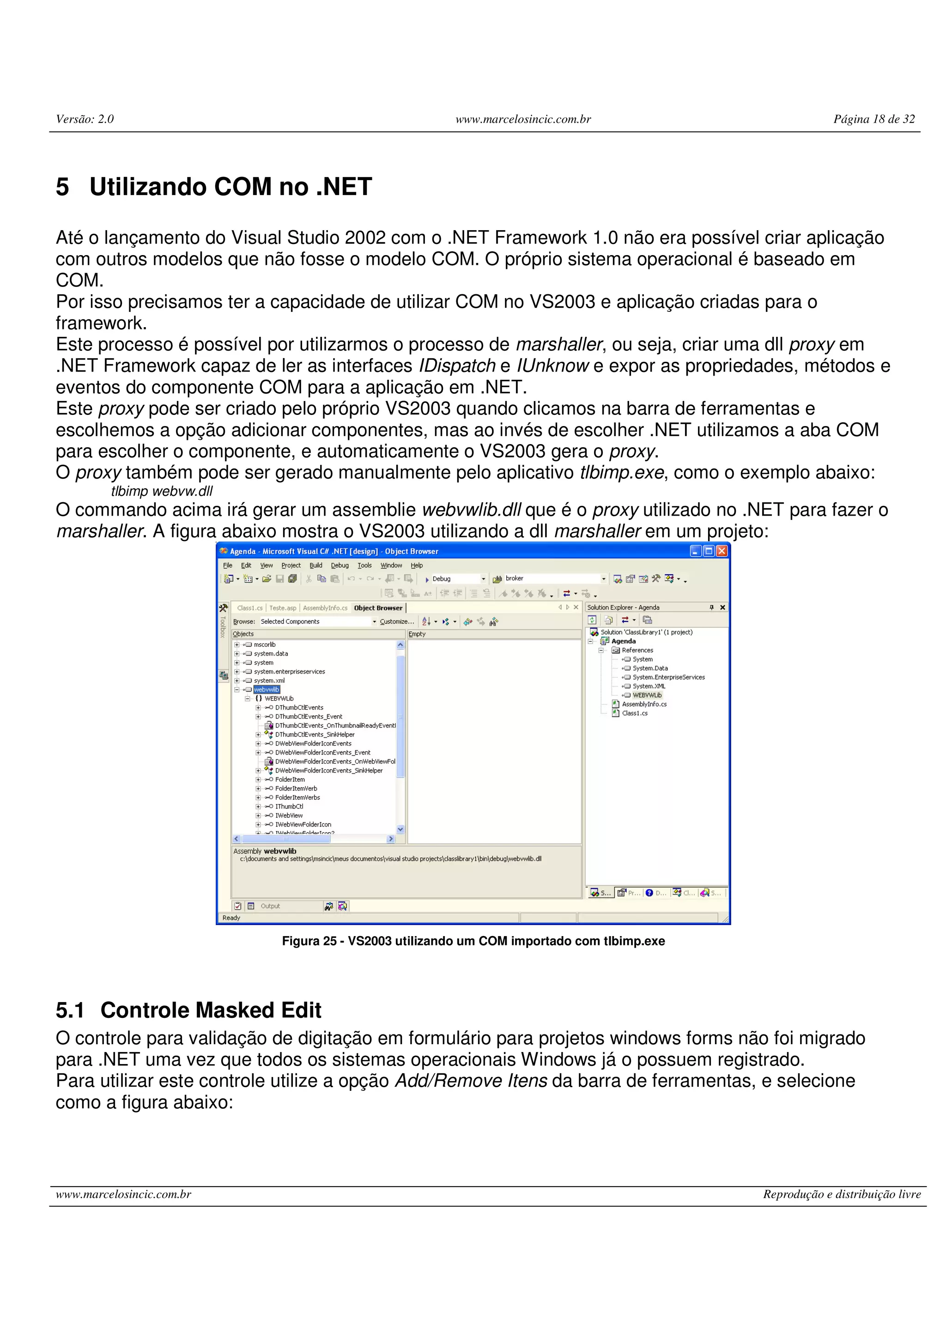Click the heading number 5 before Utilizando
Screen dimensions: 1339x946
pos(62,187)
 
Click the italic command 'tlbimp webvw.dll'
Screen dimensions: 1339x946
pos(162,491)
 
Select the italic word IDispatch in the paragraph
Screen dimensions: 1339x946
pos(456,365)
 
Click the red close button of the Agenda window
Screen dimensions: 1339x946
pos(722,551)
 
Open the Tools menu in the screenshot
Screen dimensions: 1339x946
pos(364,565)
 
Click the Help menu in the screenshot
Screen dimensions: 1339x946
pos(416,565)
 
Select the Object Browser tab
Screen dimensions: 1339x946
pos(378,608)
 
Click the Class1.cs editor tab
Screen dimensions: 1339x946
pos(249,608)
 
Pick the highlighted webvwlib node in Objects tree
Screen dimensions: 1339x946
pos(267,689)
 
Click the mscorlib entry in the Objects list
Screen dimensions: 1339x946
pos(265,645)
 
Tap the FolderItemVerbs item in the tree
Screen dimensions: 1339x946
pos(297,797)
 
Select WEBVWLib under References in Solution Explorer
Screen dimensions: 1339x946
pos(647,695)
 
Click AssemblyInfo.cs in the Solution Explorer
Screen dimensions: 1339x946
pos(644,704)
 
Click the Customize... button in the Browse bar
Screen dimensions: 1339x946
pos(396,622)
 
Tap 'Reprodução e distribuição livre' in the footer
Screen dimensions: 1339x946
pos(842,1194)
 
